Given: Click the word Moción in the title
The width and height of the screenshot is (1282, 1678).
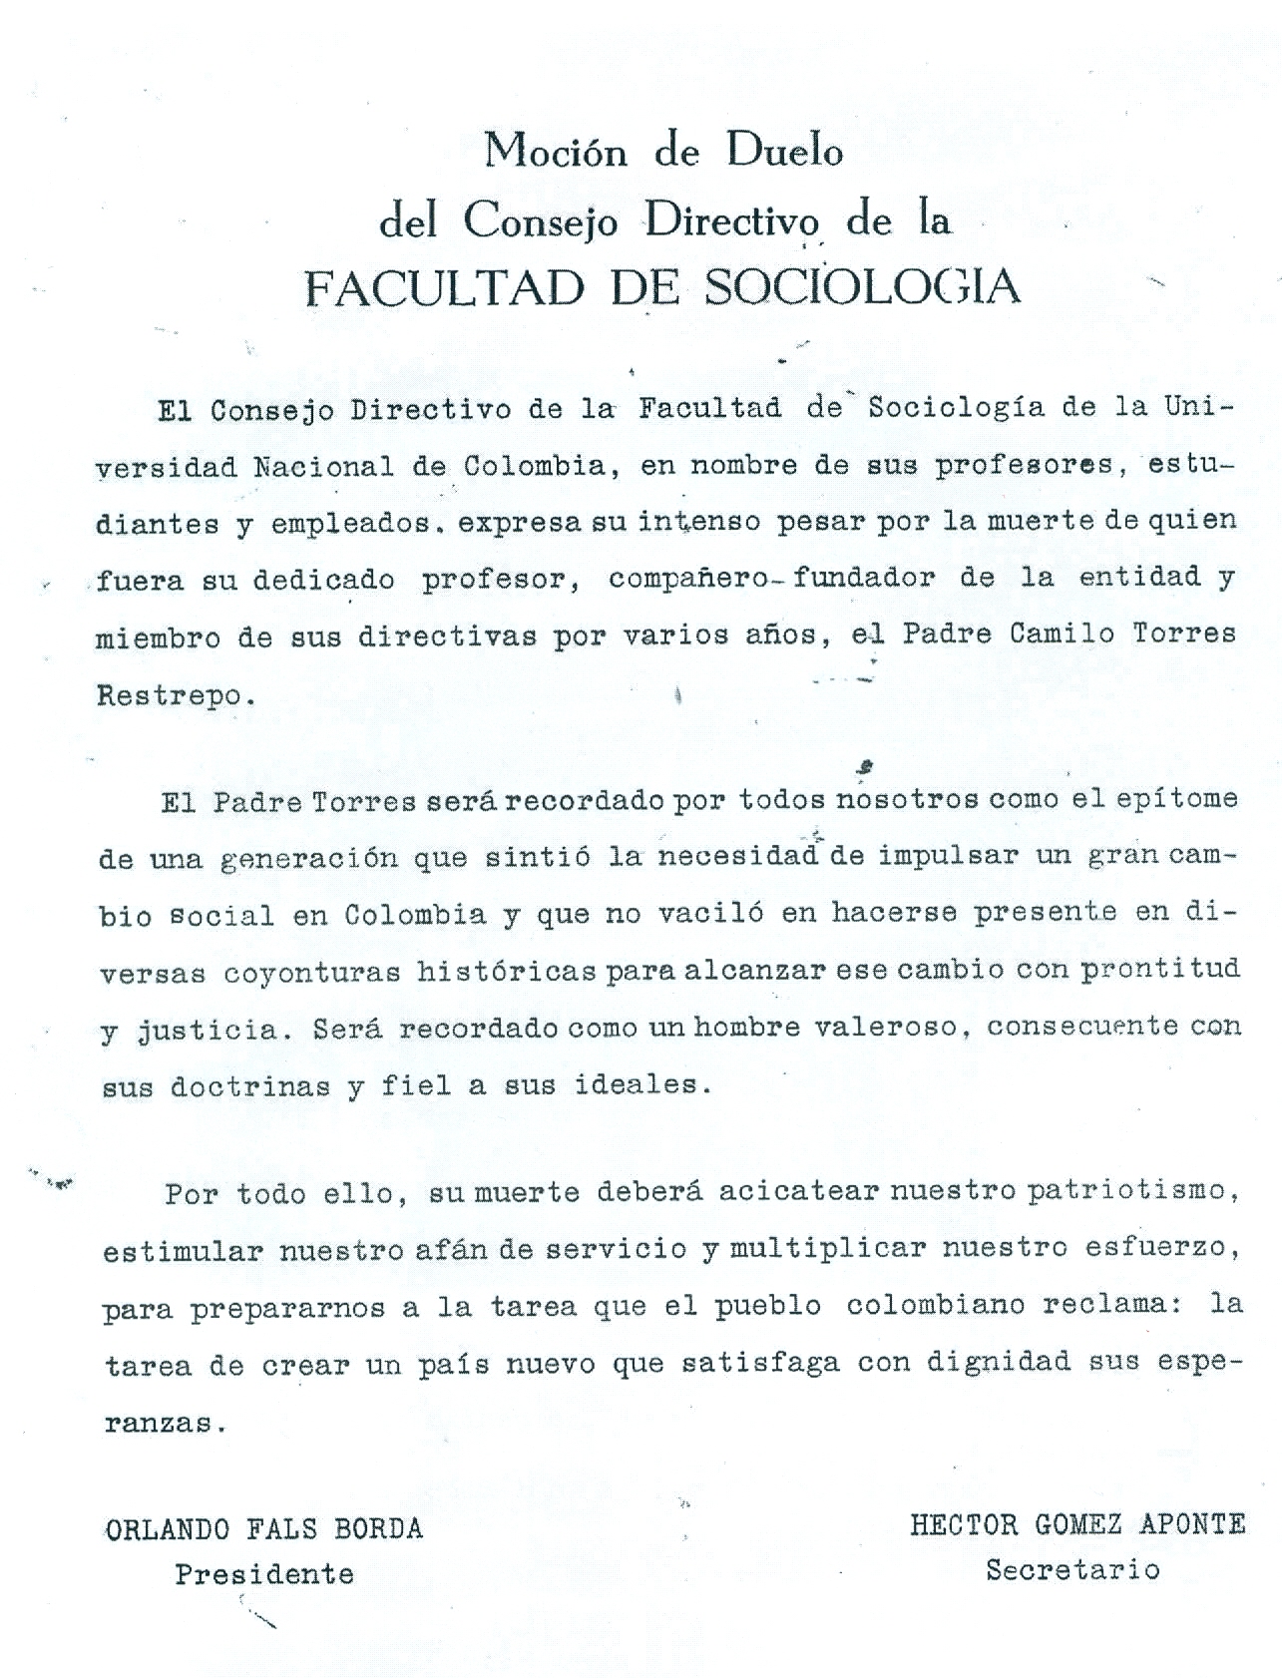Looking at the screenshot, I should coord(556,152).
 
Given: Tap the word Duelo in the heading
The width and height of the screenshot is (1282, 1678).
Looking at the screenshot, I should coord(784,151).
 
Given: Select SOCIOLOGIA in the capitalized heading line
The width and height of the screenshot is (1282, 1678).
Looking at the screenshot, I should coord(862,288).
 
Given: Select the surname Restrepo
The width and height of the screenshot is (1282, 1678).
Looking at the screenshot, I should coord(169,695).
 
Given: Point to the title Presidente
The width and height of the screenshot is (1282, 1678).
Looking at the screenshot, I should coord(264,1574).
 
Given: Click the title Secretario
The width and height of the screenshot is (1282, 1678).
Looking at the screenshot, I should coord(1072,1570).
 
